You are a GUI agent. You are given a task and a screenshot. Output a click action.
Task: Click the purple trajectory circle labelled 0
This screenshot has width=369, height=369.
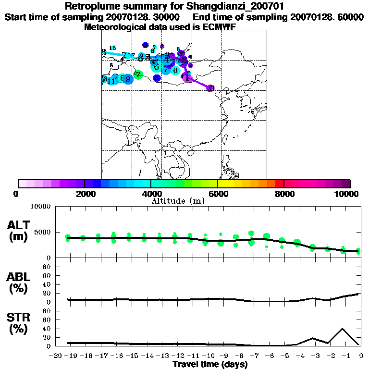(210, 88)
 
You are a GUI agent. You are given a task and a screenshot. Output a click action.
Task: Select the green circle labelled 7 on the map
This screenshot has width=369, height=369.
(138, 74)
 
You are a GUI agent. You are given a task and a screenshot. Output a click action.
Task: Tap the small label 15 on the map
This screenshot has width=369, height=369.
(112, 48)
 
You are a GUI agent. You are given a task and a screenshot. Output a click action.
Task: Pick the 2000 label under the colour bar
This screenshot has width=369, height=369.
(84, 194)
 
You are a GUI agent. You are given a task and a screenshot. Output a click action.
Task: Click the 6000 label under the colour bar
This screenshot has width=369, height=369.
(218, 194)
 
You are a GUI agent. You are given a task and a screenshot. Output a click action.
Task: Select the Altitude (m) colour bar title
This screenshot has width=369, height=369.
(178, 201)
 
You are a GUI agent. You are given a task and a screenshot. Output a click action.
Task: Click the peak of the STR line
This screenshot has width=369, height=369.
(342, 329)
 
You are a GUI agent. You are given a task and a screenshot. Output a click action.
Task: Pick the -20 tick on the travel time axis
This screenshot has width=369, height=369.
(57, 356)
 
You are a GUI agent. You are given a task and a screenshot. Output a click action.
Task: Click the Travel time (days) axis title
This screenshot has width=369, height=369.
(210, 365)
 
